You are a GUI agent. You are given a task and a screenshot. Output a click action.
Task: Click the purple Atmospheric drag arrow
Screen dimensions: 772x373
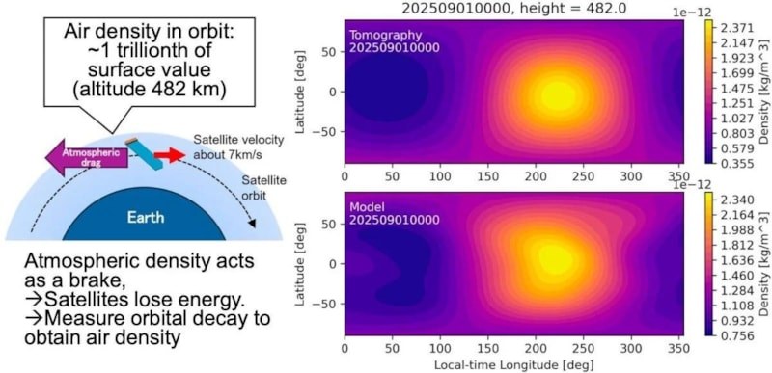point(86,158)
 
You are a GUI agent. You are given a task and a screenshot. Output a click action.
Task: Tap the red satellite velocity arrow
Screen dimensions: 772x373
point(170,156)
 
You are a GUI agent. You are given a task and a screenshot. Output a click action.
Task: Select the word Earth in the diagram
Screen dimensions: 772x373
point(146,217)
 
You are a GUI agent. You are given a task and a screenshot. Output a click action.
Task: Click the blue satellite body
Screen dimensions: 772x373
point(143,155)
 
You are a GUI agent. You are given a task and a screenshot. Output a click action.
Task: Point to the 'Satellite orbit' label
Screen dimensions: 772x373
point(263,188)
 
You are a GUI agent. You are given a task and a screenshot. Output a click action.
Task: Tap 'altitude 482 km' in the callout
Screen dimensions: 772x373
point(150,91)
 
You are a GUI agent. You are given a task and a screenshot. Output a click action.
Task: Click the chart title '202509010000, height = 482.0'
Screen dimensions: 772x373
point(514,9)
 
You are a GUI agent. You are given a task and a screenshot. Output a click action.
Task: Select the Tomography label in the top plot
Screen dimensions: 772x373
point(385,36)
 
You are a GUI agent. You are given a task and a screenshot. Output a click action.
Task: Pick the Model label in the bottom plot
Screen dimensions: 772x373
point(365,207)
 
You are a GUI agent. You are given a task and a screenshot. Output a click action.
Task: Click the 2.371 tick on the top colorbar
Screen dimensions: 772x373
point(733,28)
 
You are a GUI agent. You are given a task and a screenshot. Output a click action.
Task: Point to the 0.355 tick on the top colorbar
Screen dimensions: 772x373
point(733,164)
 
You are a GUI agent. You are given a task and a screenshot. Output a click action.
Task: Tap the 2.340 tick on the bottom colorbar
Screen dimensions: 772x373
point(733,200)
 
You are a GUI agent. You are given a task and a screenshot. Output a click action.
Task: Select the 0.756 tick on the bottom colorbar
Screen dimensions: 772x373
point(733,335)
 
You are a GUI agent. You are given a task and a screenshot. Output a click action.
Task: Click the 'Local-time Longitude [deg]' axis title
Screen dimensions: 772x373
point(513,365)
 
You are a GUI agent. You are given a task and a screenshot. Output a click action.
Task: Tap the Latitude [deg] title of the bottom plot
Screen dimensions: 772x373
point(300,263)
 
